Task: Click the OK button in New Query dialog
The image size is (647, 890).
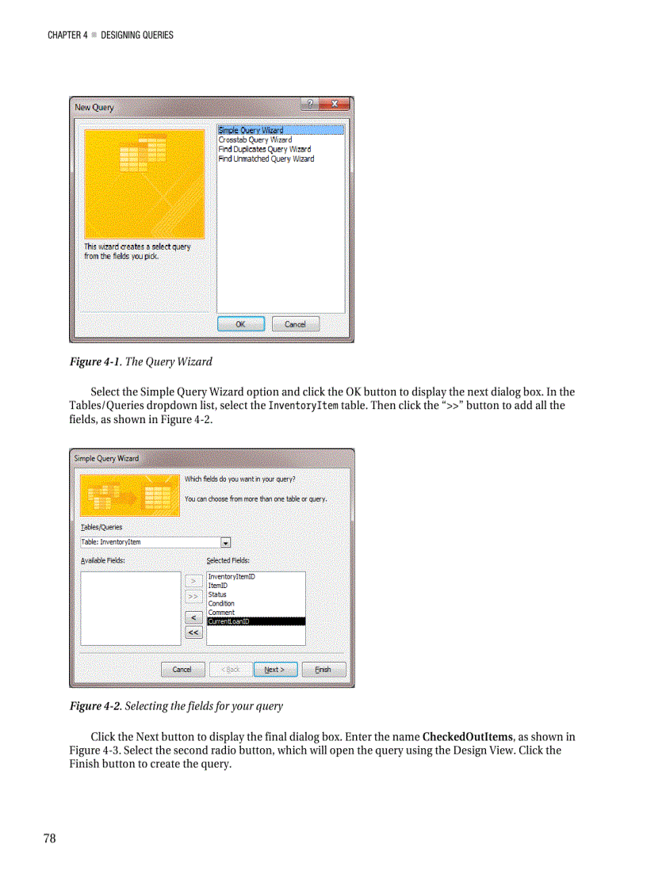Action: [x=240, y=324]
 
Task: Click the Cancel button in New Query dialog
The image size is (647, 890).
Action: [x=295, y=324]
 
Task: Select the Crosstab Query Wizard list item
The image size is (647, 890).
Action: [x=255, y=139]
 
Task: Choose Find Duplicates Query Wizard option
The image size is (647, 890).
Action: [x=265, y=149]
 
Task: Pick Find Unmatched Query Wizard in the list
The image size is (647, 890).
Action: [x=266, y=159]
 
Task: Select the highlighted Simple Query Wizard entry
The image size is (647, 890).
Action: [x=251, y=130]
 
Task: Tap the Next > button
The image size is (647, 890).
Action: [x=275, y=669]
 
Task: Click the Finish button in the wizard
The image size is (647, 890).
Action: [x=323, y=669]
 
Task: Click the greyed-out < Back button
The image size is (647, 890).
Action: [x=231, y=669]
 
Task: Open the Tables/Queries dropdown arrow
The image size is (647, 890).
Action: [x=225, y=543]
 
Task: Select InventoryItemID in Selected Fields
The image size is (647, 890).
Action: [x=232, y=577]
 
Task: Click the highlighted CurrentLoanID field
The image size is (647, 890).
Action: [x=229, y=622]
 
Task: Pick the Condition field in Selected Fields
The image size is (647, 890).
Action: [x=221, y=603]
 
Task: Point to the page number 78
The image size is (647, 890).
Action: [x=49, y=839]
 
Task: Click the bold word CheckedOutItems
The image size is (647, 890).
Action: [x=467, y=737]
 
